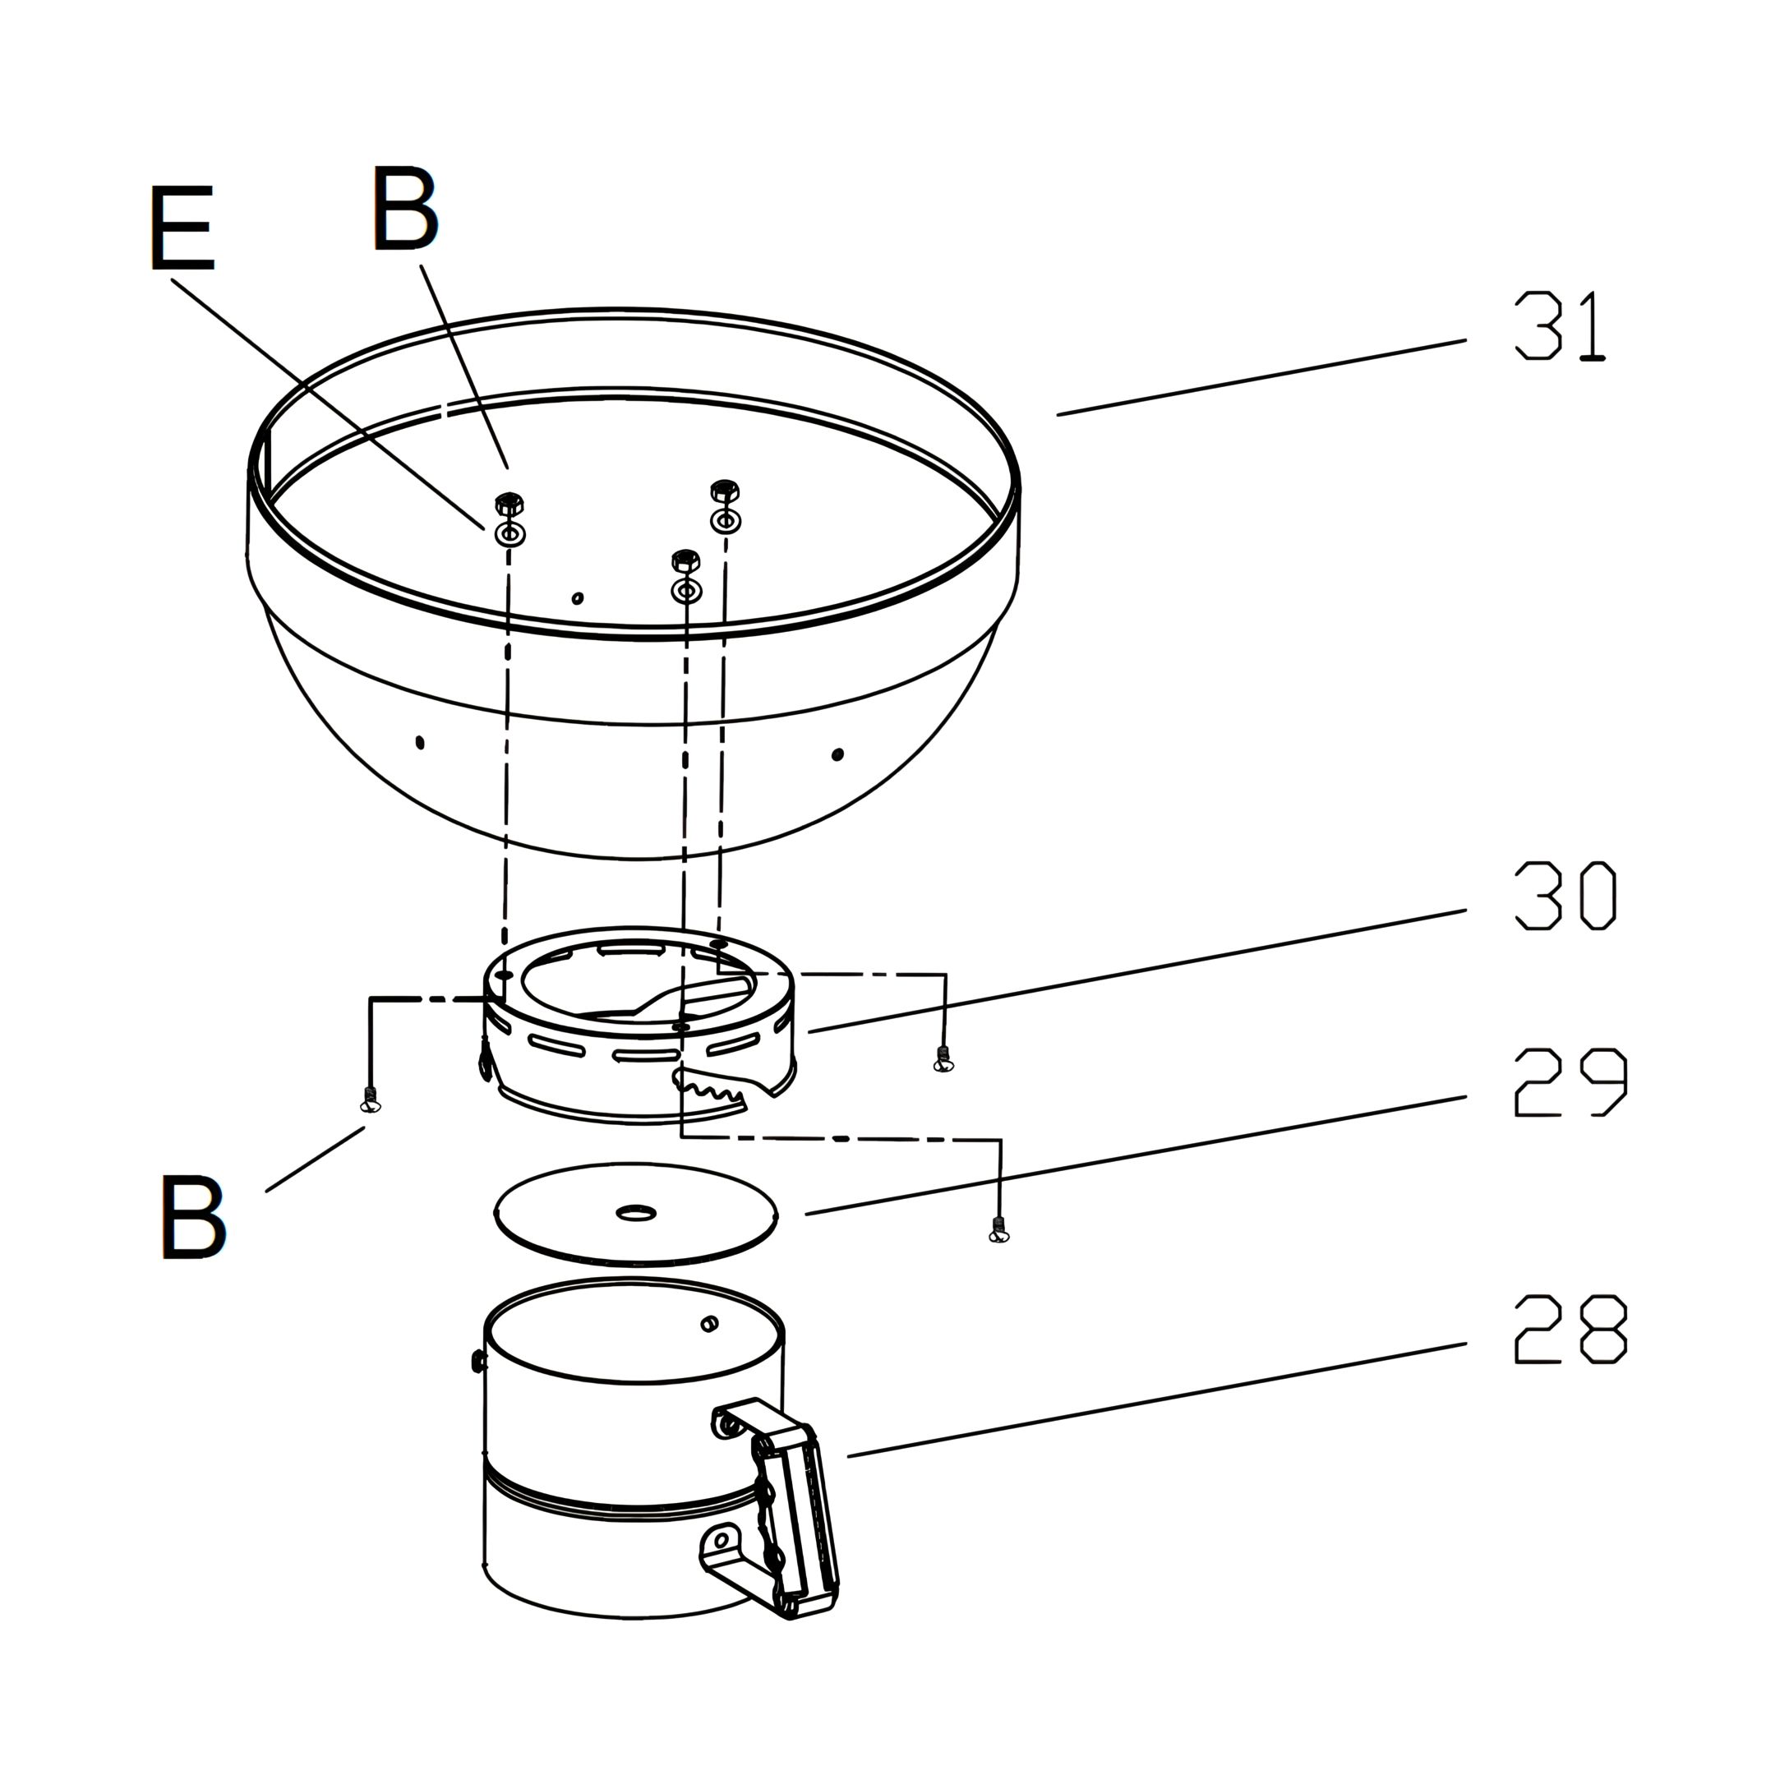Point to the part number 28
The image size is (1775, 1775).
pyautogui.click(x=1570, y=1329)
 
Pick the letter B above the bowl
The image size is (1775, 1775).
pyautogui.click(x=405, y=208)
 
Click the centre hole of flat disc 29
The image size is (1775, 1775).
pyautogui.click(x=635, y=1214)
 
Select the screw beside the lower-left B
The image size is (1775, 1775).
pyautogui.click(x=371, y=1100)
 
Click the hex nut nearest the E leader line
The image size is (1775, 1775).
pyautogui.click(x=509, y=504)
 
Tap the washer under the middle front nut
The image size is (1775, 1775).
pyautogui.click(x=686, y=590)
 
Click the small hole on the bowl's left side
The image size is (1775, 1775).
pyautogui.click(x=420, y=741)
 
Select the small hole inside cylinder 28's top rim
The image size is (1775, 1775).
pyautogui.click(x=708, y=1324)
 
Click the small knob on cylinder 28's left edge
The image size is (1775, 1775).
pyautogui.click(x=477, y=1361)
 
